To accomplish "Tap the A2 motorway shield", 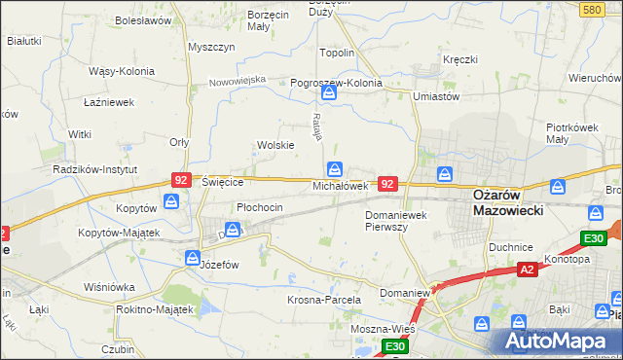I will [x=527, y=270].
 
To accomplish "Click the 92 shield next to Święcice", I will [x=180, y=180].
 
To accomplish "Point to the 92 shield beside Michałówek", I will [x=387, y=183].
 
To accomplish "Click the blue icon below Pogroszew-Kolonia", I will [x=329, y=93].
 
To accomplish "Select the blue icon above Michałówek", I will [x=335, y=167].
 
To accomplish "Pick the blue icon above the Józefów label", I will [x=192, y=258].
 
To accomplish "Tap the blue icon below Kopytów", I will [x=171, y=201].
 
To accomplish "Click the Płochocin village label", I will [x=260, y=207].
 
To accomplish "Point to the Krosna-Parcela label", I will [x=324, y=300].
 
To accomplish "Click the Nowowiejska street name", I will [x=238, y=81].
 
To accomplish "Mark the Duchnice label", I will [x=511, y=247].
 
